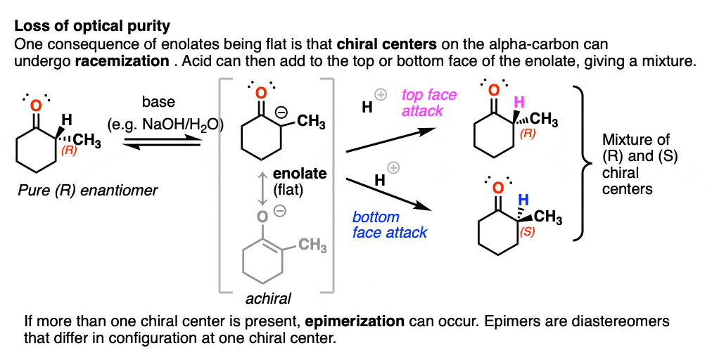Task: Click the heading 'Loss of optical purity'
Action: [92, 26]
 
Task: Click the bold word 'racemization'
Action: [122, 61]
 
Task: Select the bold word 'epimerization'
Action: [355, 321]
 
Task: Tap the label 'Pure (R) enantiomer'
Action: [88, 191]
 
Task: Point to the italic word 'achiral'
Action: [268, 299]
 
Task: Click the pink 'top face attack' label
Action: [428, 103]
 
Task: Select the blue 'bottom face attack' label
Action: [390, 225]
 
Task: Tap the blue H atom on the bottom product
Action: [523, 200]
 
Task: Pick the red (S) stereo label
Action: [527, 231]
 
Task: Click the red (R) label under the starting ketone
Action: [69, 150]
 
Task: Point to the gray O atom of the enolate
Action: [262, 217]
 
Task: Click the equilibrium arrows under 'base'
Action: [162, 143]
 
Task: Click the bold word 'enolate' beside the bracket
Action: [299, 174]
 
